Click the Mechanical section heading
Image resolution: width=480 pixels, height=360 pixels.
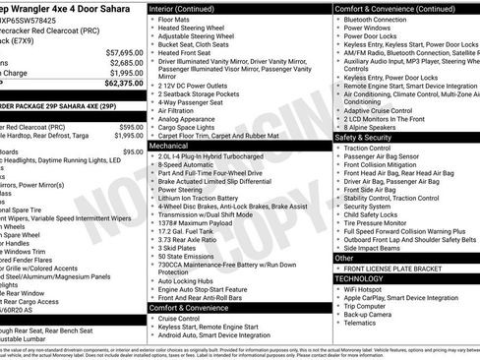[x=170, y=144]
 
